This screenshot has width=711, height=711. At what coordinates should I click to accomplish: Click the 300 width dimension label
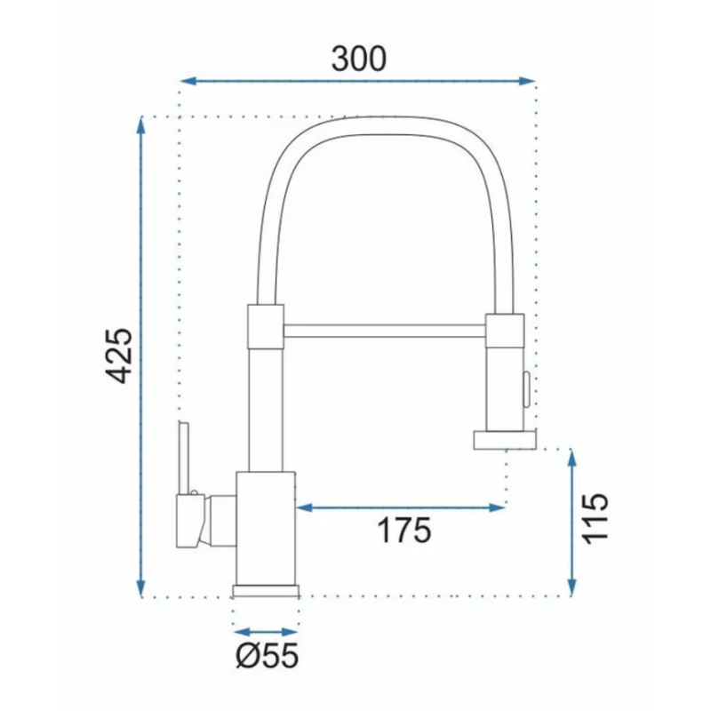(359, 59)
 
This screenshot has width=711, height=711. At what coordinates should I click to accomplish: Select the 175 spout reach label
(404, 530)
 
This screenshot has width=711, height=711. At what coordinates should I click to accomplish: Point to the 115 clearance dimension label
(595, 518)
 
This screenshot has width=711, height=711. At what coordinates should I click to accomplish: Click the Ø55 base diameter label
(268, 655)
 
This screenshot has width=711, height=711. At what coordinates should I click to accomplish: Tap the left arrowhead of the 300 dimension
(188, 81)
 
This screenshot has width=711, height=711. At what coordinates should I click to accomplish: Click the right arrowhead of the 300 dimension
(527, 81)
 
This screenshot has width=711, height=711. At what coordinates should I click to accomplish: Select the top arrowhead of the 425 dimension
(141, 125)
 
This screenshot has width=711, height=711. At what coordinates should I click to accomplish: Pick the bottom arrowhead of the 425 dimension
(141, 588)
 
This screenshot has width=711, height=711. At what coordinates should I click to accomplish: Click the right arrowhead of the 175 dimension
(498, 507)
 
